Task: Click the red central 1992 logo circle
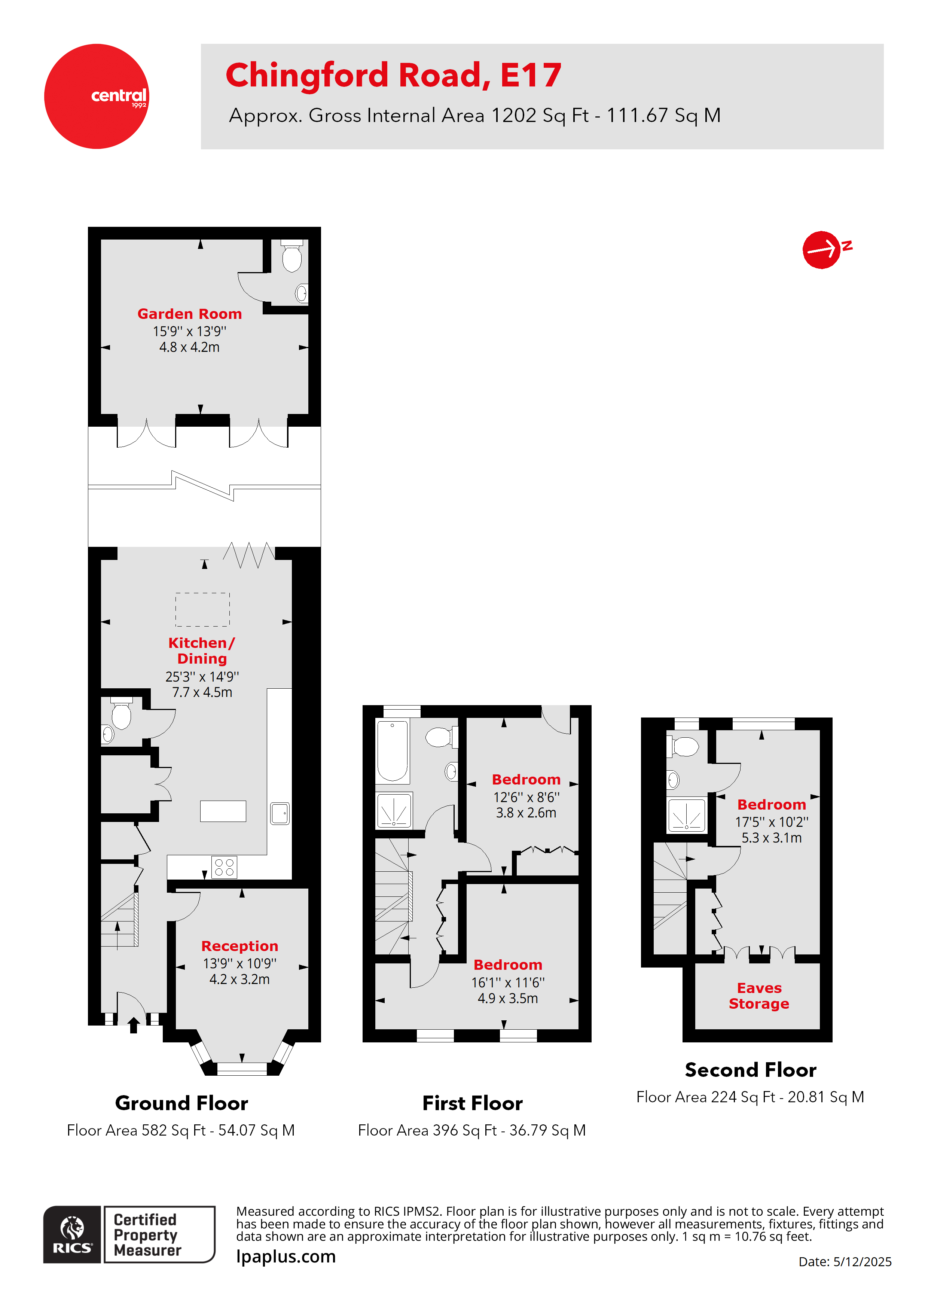(x=96, y=96)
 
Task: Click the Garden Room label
(x=189, y=314)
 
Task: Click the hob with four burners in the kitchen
(x=223, y=867)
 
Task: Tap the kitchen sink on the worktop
(x=280, y=813)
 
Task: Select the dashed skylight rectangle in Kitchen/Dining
(x=202, y=610)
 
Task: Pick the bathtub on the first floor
(x=392, y=750)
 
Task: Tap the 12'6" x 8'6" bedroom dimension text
(x=526, y=797)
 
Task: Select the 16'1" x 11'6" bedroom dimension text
(x=508, y=983)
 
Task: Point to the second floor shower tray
(x=687, y=816)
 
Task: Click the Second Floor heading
(x=750, y=1070)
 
